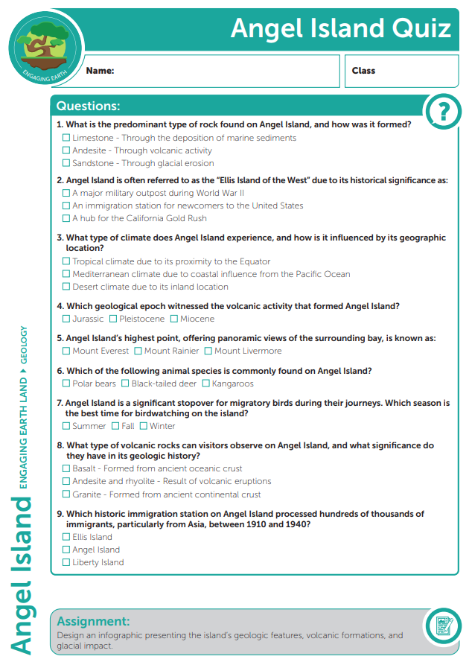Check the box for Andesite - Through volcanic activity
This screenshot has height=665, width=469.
click(66, 150)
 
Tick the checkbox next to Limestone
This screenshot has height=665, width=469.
click(66, 138)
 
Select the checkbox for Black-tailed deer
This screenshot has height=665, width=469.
click(126, 384)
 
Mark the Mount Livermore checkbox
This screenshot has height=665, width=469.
click(208, 351)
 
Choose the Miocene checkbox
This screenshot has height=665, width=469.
click(174, 319)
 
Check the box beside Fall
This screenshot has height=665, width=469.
click(115, 426)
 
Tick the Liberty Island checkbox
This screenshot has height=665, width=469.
click(66, 562)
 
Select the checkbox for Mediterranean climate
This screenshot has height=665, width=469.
click(66, 274)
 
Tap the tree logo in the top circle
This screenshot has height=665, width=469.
click(45, 46)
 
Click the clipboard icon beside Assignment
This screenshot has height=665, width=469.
click(444, 627)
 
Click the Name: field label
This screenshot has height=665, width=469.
click(100, 71)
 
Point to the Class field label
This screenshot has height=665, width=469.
click(363, 71)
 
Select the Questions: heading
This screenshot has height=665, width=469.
click(88, 106)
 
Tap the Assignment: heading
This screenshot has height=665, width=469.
click(93, 621)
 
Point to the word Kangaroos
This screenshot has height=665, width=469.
click(232, 384)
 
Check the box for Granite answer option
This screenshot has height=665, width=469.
click(66, 494)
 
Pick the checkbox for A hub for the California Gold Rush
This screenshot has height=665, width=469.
click(66, 218)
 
